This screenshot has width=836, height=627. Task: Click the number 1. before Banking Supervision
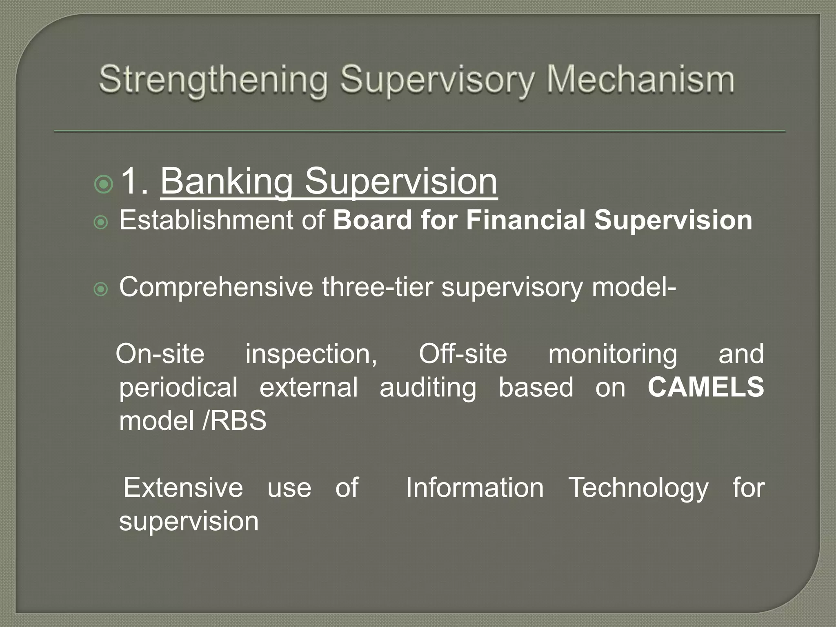135,181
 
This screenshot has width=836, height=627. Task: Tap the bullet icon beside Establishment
101,223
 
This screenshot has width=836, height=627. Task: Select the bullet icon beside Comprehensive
101,290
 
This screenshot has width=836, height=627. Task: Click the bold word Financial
526,220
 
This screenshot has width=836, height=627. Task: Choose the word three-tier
377,287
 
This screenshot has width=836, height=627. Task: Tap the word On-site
160,354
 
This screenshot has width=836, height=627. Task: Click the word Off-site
463,354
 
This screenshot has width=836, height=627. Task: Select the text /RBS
234,420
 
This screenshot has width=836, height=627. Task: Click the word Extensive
183,487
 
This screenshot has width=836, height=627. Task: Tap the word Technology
638,488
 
